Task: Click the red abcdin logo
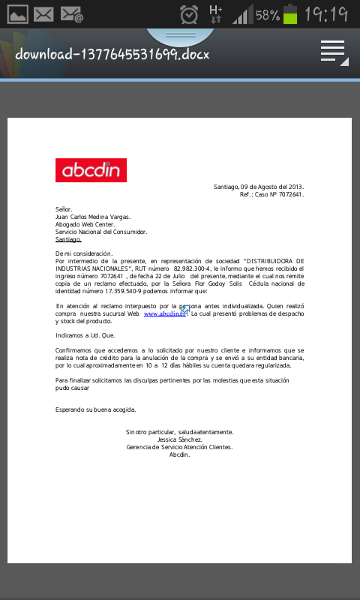coord(91,170)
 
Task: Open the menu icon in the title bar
coord(333,52)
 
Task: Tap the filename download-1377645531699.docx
coord(112,54)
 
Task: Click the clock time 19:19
coord(326,14)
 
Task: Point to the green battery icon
coord(290,14)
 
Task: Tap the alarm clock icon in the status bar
coord(190,14)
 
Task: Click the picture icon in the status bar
coord(16,14)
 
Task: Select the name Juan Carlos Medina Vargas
coord(93,217)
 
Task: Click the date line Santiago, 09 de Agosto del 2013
coord(258,187)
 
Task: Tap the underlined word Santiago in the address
coord(68,239)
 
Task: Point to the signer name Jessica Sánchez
coord(179,439)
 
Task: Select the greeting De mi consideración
coord(84,253)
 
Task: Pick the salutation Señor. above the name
coord(63,209)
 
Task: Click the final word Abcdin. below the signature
coord(179,454)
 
